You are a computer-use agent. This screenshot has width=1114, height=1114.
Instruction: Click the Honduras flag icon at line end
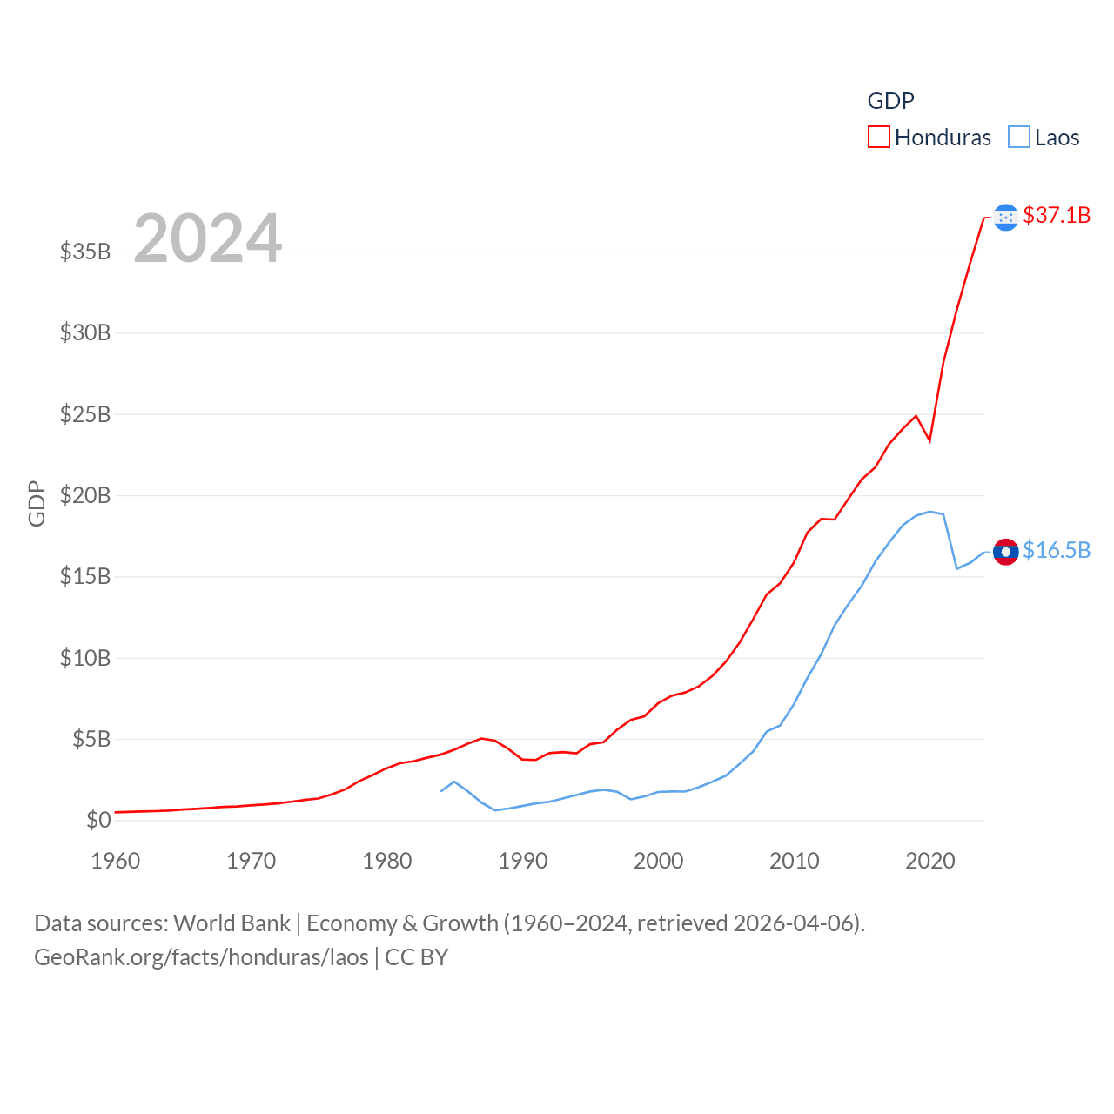[1005, 217]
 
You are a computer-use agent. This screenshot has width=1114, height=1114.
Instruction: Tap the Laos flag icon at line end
[1005, 552]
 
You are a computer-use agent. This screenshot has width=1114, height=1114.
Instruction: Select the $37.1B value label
[1057, 215]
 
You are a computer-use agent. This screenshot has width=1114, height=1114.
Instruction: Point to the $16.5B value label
[1057, 550]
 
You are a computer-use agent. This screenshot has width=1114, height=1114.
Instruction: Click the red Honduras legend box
[879, 138]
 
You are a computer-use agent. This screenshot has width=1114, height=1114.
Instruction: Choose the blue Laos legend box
[1019, 138]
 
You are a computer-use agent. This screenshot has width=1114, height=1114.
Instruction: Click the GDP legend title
[890, 101]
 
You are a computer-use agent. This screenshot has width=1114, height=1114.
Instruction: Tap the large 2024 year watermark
[207, 238]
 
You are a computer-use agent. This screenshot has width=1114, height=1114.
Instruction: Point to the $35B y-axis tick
[85, 252]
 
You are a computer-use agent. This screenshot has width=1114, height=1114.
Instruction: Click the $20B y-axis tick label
[85, 495]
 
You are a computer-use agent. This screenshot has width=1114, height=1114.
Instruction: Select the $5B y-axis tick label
[91, 739]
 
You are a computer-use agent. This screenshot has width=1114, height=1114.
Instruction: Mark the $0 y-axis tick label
[98, 820]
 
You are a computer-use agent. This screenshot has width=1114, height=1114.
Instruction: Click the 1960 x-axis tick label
[116, 861]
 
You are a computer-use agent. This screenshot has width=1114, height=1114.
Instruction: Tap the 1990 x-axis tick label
[523, 861]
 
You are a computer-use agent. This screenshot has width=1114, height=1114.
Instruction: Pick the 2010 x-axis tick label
[795, 861]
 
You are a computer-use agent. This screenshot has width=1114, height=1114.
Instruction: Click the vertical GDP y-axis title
[37, 503]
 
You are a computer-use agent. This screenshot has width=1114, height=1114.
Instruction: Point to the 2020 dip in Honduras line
[929, 440]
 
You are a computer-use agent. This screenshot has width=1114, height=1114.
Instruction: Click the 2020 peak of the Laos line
[929, 512]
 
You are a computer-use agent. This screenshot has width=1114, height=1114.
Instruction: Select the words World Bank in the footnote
[232, 923]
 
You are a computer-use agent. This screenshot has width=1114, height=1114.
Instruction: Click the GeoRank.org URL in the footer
[201, 957]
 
